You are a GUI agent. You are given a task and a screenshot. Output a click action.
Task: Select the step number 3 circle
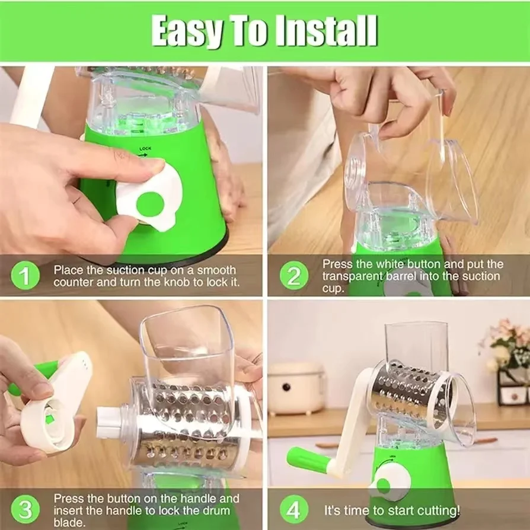25,509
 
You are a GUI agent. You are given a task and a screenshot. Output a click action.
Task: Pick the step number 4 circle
294,509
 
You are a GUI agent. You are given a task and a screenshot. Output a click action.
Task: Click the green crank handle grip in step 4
306,460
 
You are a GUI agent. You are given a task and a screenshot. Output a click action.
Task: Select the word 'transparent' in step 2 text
355,276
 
